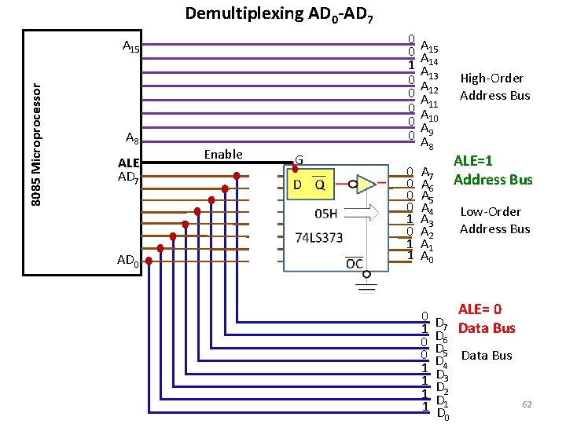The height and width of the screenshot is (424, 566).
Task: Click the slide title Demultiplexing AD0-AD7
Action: tap(284, 13)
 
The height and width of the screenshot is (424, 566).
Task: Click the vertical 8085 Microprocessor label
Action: tap(36, 146)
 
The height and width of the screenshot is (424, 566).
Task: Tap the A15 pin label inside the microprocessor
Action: tap(130, 46)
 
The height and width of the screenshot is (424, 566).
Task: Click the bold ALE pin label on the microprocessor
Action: tap(128, 163)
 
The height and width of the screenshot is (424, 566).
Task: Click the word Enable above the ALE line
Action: tap(223, 154)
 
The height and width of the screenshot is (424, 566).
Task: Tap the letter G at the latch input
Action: tap(300, 159)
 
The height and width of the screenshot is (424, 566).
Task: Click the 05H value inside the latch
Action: tap(325, 214)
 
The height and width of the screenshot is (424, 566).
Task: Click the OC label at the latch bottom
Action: tap(355, 263)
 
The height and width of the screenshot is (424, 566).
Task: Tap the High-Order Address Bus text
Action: tap(494, 86)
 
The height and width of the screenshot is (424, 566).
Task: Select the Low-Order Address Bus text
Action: tap(494, 220)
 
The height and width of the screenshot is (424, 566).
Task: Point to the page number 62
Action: tap(527, 404)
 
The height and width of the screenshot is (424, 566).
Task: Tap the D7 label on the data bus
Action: tap(441, 324)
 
